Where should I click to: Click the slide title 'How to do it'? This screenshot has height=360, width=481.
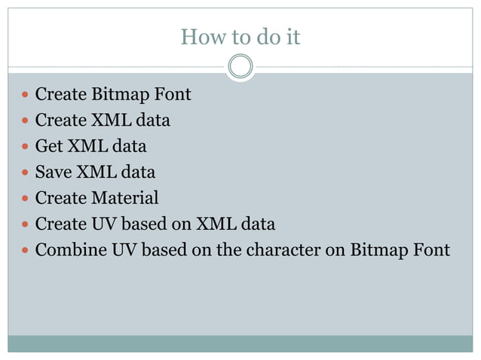pyautogui.click(x=240, y=36)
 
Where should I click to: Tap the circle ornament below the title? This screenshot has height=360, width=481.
pyautogui.click(x=240, y=66)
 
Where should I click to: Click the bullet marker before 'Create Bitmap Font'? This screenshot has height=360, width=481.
pyautogui.click(x=26, y=96)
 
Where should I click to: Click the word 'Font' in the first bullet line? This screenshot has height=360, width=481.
pyautogui.click(x=174, y=95)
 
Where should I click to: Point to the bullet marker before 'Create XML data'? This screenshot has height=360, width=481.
pyautogui.click(x=26, y=121)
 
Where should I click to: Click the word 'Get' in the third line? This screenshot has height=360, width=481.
pyautogui.click(x=49, y=146)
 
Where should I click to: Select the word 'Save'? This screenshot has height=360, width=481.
pyautogui.click(x=54, y=172)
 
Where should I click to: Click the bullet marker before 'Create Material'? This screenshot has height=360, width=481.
pyautogui.click(x=26, y=199)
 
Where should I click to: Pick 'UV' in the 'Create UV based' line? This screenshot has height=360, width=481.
pyautogui.click(x=104, y=224)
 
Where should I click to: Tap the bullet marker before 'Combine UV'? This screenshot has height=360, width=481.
pyautogui.click(x=26, y=250)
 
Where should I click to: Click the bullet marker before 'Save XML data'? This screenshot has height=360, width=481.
pyautogui.click(x=26, y=172)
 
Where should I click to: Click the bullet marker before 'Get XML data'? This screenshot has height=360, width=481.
pyautogui.click(x=26, y=147)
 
